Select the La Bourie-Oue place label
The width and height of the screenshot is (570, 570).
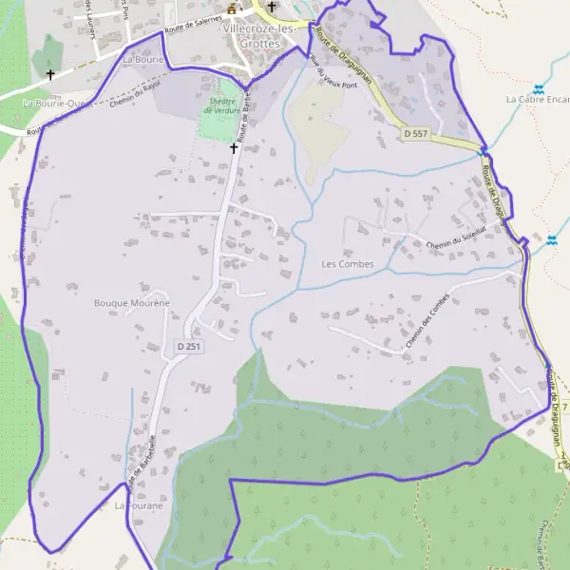[54, 103]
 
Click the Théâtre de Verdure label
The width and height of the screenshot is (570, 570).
[221, 105]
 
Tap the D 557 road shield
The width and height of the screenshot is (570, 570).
[415, 134]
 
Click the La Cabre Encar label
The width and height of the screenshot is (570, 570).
[538, 99]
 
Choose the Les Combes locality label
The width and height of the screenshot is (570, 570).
[348, 263]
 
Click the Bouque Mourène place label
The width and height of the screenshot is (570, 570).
[131, 303]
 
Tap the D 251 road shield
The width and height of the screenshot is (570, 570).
[189, 348]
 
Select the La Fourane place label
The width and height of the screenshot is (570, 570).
[139, 505]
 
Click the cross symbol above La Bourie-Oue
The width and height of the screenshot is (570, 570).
[50, 73]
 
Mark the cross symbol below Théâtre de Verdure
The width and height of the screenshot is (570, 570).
[233, 148]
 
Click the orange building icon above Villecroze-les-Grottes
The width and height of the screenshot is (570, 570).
[231, 9]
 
